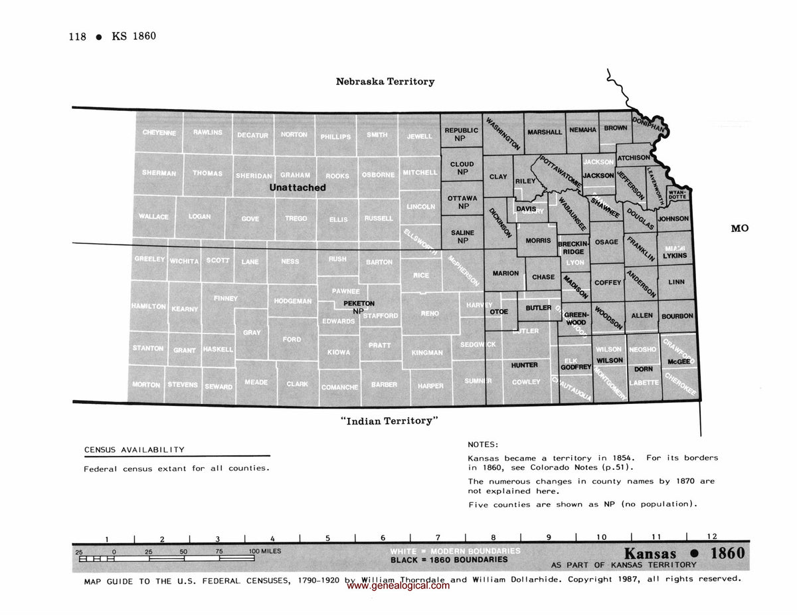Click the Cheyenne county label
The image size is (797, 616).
click(159, 133)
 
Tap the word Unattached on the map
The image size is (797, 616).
click(297, 188)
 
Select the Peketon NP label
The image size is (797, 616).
click(359, 307)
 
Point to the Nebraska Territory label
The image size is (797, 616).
click(385, 82)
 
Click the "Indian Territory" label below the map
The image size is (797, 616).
click(389, 421)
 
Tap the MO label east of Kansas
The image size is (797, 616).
click(739, 229)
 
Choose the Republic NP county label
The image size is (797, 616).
click(461, 135)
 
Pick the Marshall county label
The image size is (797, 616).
click(545, 132)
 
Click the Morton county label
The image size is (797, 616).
click(146, 385)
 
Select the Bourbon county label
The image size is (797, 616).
click(677, 316)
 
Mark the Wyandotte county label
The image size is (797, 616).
click(677, 195)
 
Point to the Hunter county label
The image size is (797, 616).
click(524, 365)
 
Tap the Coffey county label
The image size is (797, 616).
click(608, 282)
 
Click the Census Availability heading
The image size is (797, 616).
click(134, 450)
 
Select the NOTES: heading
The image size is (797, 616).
click(483, 445)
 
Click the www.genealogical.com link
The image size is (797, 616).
click(398, 586)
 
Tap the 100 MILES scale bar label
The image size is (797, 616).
click(264, 552)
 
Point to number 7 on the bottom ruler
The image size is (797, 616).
click(438, 538)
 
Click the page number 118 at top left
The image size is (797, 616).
click(78, 37)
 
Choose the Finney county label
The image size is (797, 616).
click(226, 299)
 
